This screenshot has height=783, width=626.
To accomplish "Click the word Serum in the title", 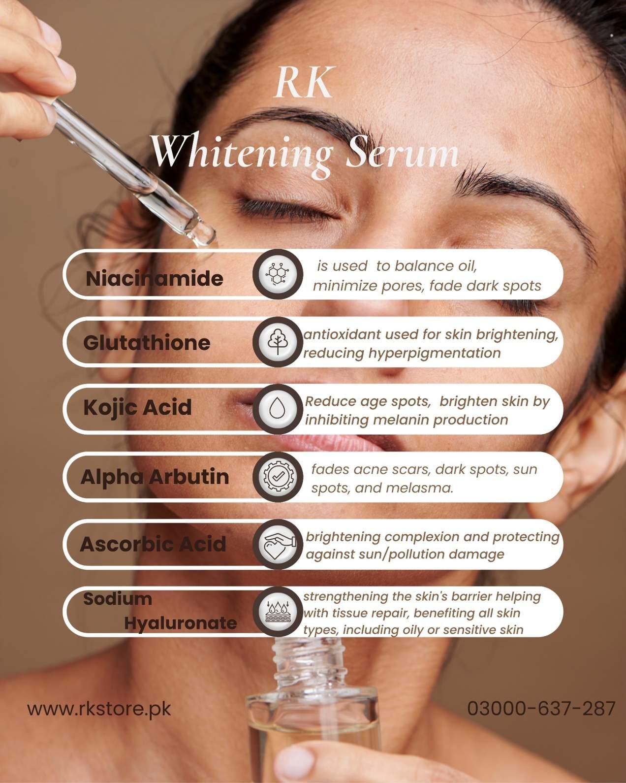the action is coord(402,154).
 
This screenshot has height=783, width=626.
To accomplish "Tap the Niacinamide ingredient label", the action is coord(154,279).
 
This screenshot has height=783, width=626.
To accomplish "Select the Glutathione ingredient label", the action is coord(147,343).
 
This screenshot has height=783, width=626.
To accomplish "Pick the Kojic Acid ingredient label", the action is coord(137,407).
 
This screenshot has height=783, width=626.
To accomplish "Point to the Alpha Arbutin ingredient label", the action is coord(155,477).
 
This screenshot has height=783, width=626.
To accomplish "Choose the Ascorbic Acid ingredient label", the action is coord(153,544).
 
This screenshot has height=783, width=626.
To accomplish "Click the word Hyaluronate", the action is coord(181,623).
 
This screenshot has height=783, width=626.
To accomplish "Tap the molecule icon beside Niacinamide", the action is coord(278,274).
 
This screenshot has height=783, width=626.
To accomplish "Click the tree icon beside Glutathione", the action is coord(278,341).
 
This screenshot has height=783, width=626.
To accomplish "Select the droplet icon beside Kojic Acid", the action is coord(278,409).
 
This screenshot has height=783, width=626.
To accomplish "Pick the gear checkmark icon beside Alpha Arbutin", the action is coord(278,477).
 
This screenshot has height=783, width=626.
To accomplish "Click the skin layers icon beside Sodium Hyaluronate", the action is coord(278,612).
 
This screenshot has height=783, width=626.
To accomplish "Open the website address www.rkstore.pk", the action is coord(99,709).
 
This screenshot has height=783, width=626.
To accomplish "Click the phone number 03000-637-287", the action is coord(541,708).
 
